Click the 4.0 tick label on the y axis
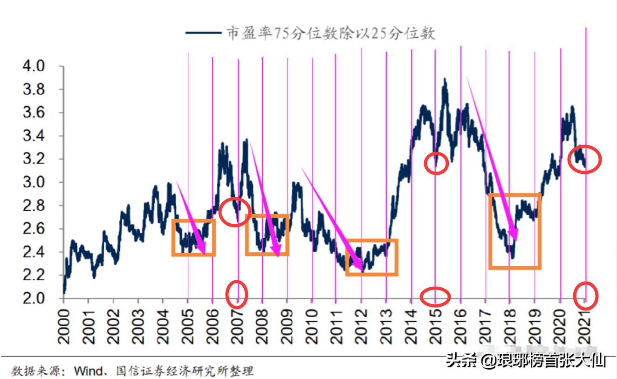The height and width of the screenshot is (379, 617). (x=33, y=66)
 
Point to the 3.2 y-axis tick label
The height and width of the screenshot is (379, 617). (x=33, y=159)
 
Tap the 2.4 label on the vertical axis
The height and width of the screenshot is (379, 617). (x=33, y=252)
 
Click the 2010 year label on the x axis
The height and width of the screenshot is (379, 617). (x=312, y=328)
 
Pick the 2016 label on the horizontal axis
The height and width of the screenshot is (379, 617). (x=461, y=328)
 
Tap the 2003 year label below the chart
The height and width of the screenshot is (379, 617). (x=138, y=328)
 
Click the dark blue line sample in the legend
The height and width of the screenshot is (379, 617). (x=203, y=33)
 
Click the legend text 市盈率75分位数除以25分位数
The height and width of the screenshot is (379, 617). (x=331, y=33)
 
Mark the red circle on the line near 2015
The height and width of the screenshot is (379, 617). (x=437, y=163)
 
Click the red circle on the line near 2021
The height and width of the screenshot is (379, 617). (x=585, y=159)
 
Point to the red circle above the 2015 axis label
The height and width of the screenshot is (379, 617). (x=435, y=296)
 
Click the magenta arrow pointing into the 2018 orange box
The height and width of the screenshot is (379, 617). (x=491, y=158)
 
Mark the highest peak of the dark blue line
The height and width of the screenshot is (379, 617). (x=445, y=80)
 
